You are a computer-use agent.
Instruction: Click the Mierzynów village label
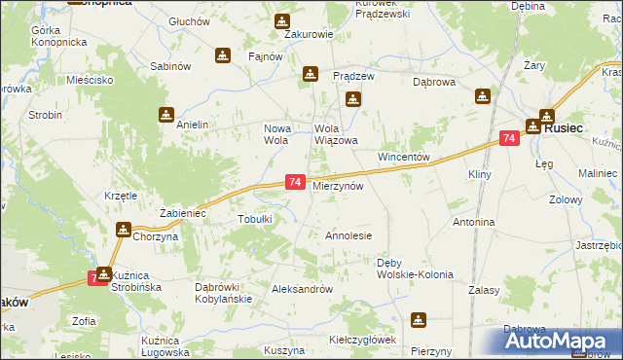pos(338,185)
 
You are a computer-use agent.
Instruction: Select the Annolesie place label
pos(348,235)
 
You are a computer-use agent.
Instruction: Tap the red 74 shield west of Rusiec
pos(509,139)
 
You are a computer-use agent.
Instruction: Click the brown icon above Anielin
pos(166,114)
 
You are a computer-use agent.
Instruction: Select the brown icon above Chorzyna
pos(124,230)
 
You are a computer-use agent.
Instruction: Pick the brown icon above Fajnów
pos(223,55)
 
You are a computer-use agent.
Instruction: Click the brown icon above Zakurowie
pos(281,20)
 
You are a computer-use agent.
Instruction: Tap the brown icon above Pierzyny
pos(419,319)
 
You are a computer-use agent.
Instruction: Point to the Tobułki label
pos(255,220)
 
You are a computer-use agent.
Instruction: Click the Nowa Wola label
pos(278,134)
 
